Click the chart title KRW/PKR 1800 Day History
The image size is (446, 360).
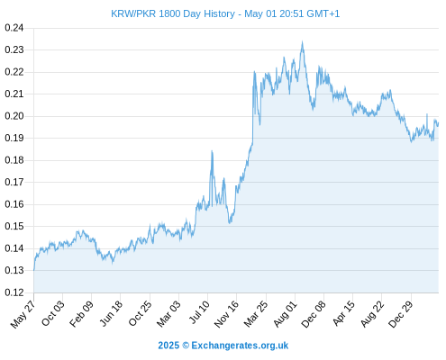(x=173, y=13)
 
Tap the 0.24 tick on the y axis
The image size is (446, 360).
(x=14, y=28)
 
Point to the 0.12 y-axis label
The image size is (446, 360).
(x=14, y=292)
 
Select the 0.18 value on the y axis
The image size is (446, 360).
(x=14, y=160)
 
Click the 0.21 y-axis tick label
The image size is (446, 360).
(x=14, y=94)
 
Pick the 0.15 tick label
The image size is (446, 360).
(x=14, y=227)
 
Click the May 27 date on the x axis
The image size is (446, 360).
(x=23, y=314)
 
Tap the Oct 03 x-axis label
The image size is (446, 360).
(x=52, y=313)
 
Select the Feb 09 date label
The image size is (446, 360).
(x=81, y=313)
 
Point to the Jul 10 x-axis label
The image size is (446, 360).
(x=199, y=312)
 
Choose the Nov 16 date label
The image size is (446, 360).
(x=226, y=314)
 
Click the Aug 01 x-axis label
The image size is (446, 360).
(x=285, y=313)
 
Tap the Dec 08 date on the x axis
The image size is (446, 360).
(x=314, y=314)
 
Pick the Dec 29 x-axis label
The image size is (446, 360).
(x=401, y=314)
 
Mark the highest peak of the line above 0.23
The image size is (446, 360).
(x=302, y=41)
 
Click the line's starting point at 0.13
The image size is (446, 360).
(x=34, y=270)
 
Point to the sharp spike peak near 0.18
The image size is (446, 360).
(x=212, y=150)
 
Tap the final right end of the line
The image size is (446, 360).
(x=438, y=123)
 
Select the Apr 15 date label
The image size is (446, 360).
(x=343, y=313)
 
